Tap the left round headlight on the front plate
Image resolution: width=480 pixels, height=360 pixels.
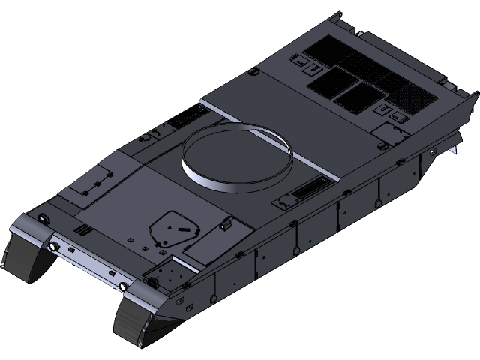pyautogui.click(x=53, y=246)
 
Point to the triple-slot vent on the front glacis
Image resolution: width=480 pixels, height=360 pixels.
pyautogui.click(x=82, y=229)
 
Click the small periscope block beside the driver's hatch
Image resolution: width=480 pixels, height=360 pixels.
pyautogui.click(x=225, y=223)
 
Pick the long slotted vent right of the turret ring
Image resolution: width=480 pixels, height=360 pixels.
pyautogui.click(x=310, y=190)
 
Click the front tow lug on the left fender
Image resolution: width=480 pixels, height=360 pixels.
pyautogui.click(x=43, y=218)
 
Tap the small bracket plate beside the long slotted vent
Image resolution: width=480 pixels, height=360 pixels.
pyautogui.click(x=286, y=201)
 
